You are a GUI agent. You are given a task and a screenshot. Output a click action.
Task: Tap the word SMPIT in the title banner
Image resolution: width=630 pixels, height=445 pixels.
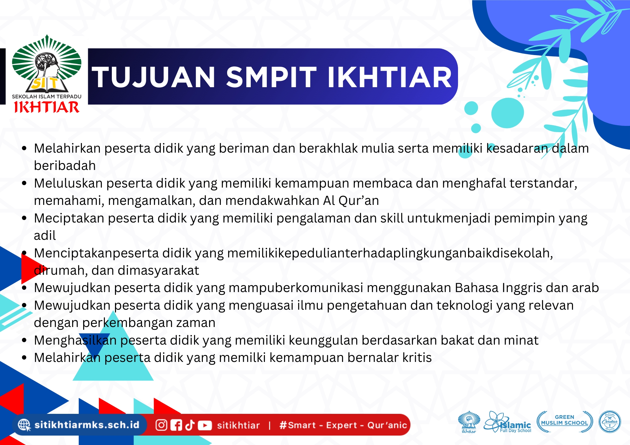point(271,77)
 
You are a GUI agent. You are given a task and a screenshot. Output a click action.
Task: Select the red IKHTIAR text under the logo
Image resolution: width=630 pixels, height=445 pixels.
point(47,107)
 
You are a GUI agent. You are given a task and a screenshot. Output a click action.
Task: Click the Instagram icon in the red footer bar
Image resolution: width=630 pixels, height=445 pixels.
point(161,425)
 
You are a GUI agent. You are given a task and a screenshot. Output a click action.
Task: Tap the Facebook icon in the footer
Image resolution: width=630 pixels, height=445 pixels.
point(176,425)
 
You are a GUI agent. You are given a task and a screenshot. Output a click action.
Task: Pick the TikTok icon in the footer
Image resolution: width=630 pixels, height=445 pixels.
point(190,425)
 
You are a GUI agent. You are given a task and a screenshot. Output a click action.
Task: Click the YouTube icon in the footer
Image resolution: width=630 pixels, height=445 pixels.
point(205,425)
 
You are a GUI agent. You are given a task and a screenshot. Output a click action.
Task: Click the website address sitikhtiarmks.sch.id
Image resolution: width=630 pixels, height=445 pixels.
point(87,425)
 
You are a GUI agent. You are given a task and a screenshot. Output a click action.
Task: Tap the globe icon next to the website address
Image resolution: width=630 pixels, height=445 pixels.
point(24,425)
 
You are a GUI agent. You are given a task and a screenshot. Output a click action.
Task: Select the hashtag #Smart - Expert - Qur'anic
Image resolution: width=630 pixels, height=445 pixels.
point(343,425)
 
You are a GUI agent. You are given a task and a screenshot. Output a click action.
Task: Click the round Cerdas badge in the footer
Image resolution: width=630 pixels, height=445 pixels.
point(610,422)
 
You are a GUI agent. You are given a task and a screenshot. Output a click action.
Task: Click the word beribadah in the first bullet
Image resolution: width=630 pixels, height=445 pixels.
point(65,166)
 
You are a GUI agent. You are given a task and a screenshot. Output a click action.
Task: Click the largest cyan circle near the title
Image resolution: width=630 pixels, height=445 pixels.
point(507,113)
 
